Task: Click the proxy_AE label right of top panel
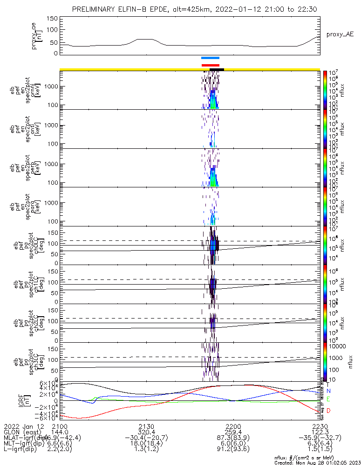340,34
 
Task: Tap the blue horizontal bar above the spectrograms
210,58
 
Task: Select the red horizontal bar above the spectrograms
210,65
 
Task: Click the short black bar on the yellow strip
217,69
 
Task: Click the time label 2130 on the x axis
146,426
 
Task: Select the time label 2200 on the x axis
233,426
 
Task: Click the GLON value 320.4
146,432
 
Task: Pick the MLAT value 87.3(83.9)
233,438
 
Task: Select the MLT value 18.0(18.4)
146,444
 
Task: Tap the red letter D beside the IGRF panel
328,411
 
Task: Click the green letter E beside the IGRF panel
328,399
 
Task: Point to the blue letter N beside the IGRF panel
328,392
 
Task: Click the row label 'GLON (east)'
20,432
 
